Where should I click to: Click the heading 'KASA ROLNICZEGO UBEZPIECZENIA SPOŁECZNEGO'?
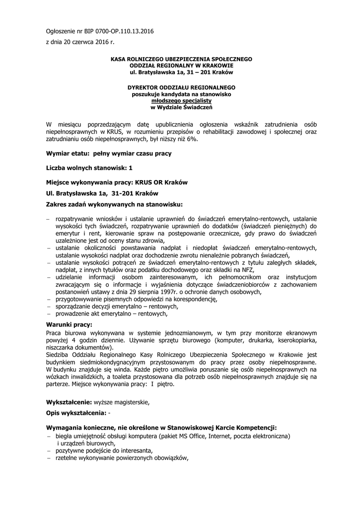tap(181, 59)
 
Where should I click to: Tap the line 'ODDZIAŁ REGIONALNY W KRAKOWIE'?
tap(181, 65)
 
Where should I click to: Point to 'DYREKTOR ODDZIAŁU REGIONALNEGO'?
tap(181, 87)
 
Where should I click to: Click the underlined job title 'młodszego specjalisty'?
tap(181, 100)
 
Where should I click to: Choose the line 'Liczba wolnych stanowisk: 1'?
tap(89, 168)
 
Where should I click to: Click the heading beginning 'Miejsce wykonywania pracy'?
tap(117, 182)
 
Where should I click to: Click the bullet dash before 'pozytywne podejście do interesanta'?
tap(49, 450)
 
